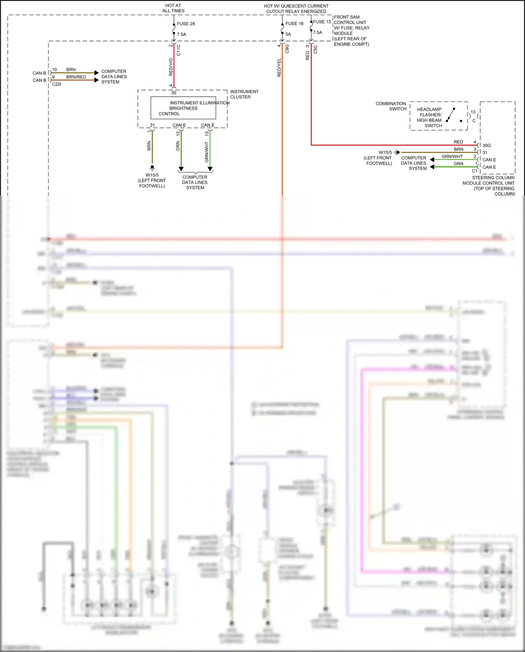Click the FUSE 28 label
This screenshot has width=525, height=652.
[x=186, y=24]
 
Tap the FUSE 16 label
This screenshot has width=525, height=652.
[x=294, y=23]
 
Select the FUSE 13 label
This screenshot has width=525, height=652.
[x=322, y=22]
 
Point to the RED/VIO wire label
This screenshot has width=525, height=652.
[x=171, y=67]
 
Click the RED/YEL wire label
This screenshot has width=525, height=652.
[x=279, y=68]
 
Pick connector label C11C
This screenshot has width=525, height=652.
[x=178, y=50]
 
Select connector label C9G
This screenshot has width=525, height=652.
[x=287, y=49]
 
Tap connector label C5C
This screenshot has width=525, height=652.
[x=315, y=49]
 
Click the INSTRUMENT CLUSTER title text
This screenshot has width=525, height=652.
[x=244, y=94]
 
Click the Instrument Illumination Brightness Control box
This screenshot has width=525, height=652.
[x=183, y=108]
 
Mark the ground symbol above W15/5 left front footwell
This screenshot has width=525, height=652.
[x=152, y=168]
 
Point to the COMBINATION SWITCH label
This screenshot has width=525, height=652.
[x=391, y=106]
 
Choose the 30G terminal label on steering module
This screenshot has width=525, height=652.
[x=486, y=145]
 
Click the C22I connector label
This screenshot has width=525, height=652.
[x=56, y=84]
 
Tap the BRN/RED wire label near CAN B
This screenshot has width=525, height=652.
[x=76, y=77]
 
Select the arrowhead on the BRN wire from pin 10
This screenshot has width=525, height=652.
[x=97, y=73]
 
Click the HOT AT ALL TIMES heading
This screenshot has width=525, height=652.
[x=173, y=8]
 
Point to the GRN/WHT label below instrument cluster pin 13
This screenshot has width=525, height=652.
[x=206, y=152]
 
